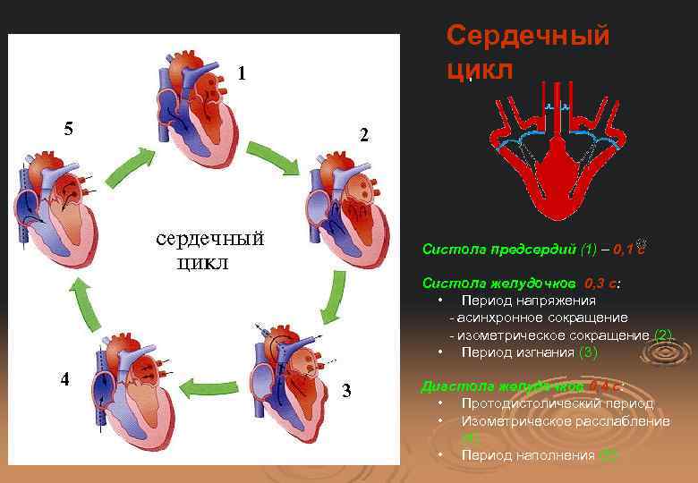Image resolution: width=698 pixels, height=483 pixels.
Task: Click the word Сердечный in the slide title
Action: [x=527, y=36]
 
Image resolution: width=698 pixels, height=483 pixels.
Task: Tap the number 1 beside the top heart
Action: [x=242, y=72]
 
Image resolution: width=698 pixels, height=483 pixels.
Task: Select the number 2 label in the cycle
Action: [x=363, y=136]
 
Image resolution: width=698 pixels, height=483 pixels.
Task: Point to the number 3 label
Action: [x=346, y=391]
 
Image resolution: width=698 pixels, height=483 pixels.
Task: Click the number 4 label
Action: [x=64, y=377]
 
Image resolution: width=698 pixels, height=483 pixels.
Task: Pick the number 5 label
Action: [x=68, y=127]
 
